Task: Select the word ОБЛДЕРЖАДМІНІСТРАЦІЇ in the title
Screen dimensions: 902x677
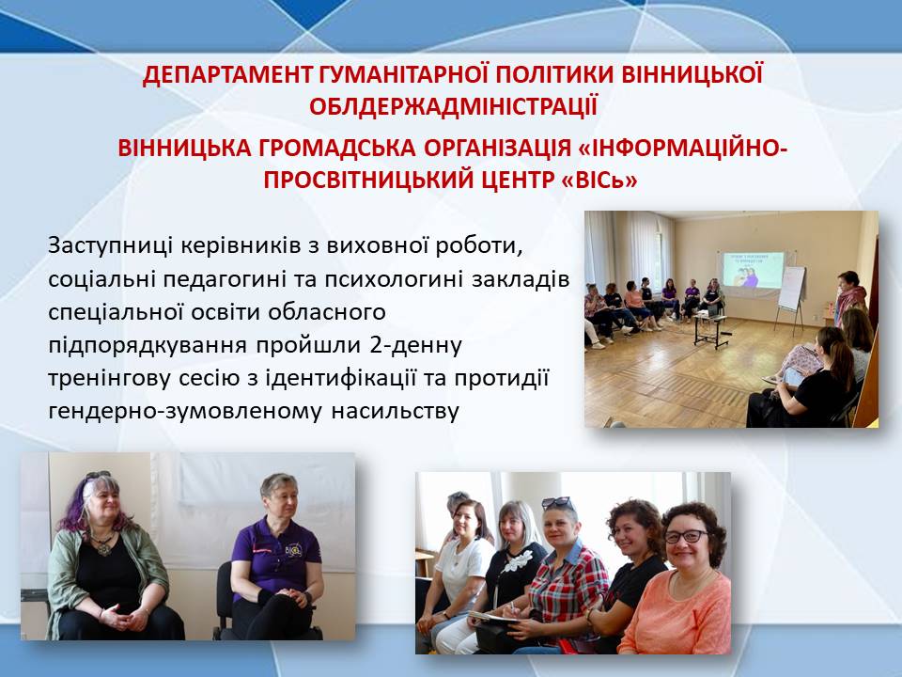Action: click(x=453, y=107)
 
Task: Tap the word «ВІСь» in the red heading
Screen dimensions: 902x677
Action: click(x=599, y=181)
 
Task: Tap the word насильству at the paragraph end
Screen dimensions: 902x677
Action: click(x=395, y=412)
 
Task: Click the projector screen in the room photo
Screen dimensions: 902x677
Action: click(x=754, y=269)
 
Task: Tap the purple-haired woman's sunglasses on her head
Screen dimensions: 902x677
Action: click(x=99, y=476)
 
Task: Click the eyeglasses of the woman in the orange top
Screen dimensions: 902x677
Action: click(x=686, y=537)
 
